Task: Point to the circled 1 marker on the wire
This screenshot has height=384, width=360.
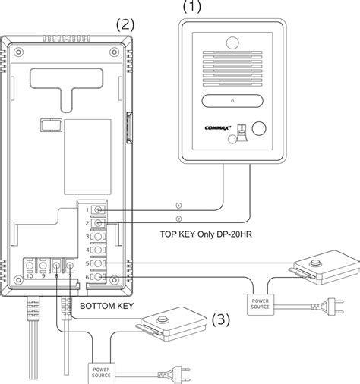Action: point(178,205)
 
